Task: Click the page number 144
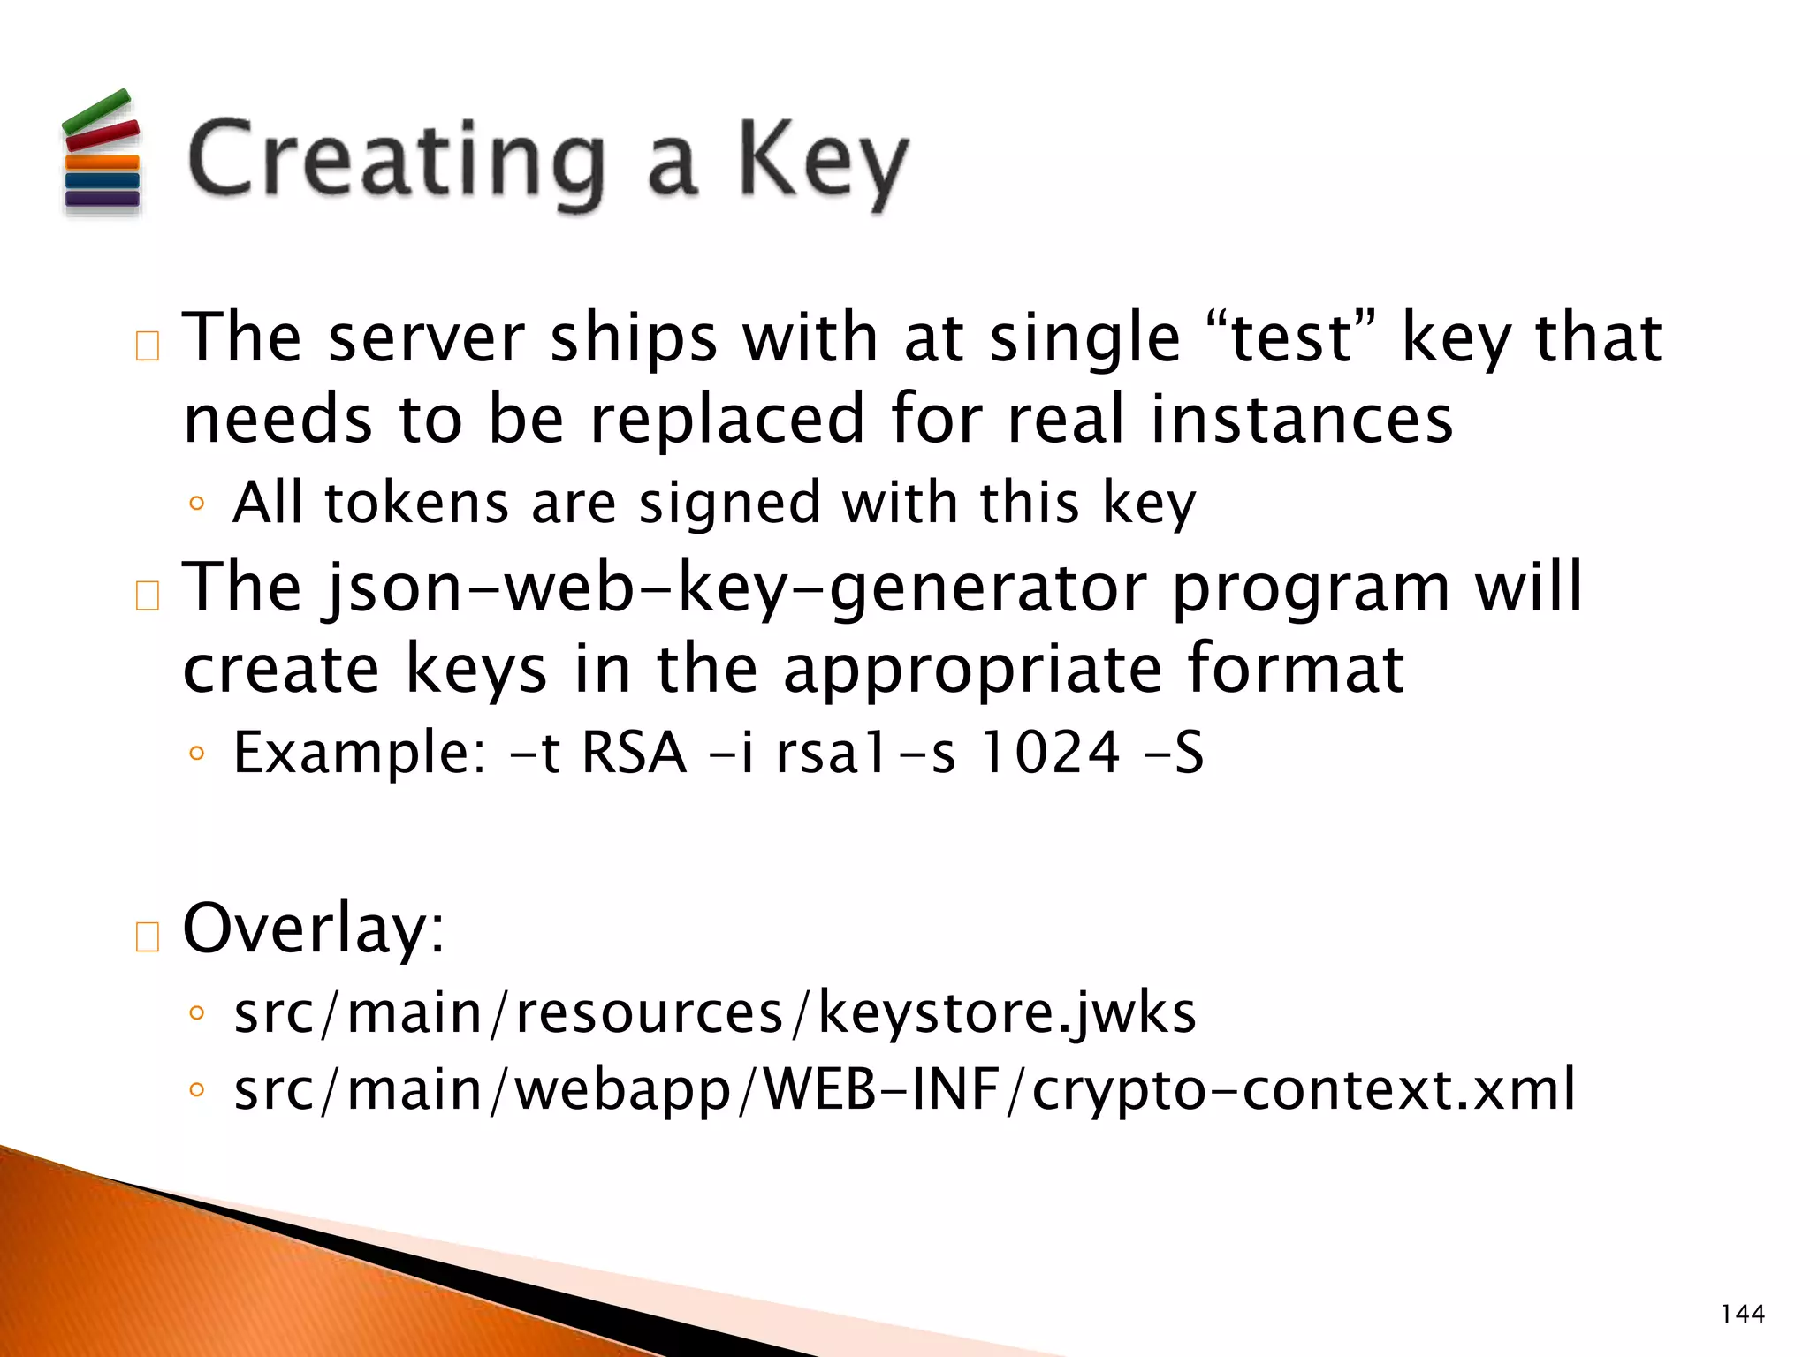coord(1742,1314)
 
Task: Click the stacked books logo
coord(102,152)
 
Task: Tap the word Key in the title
coord(822,163)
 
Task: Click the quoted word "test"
coord(1291,339)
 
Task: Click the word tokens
coord(416,504)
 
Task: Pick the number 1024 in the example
coord(1051,754)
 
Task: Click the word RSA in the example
coord(634,754)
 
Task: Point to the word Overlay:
coord(314,929)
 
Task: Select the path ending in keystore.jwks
coord(714,1012)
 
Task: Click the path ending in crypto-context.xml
coord(903,1090)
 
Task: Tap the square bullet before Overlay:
coord(148,936)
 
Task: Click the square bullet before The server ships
coord(148,346)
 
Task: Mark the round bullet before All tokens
coord(197,504)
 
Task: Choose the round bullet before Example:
coord(197,754)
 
